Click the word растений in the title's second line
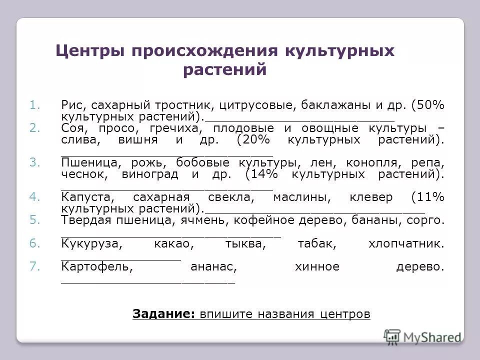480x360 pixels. coord(225,70)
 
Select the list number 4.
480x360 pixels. coord(34,197)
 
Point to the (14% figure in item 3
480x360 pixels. coord(263,175)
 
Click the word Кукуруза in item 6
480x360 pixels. coord(91,243)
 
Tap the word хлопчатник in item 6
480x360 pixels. coord(405,243)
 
